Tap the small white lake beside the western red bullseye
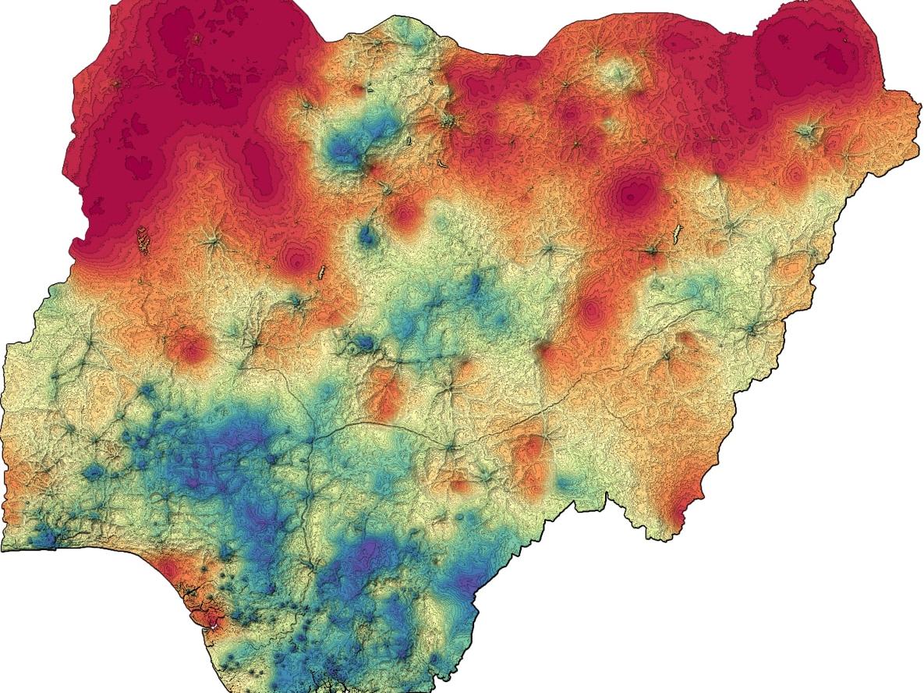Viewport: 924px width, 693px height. click(321, 272)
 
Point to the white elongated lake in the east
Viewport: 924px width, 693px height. click(678, 232)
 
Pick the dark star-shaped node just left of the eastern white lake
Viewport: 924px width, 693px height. click(652, 251)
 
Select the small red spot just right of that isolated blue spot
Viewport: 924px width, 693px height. click(404, 214)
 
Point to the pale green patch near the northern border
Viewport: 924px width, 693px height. click(616, 74)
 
